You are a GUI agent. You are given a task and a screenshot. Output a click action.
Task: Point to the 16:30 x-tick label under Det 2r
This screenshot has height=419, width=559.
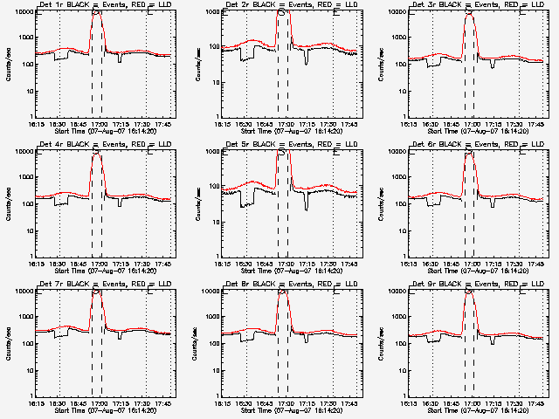coord(245,123)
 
